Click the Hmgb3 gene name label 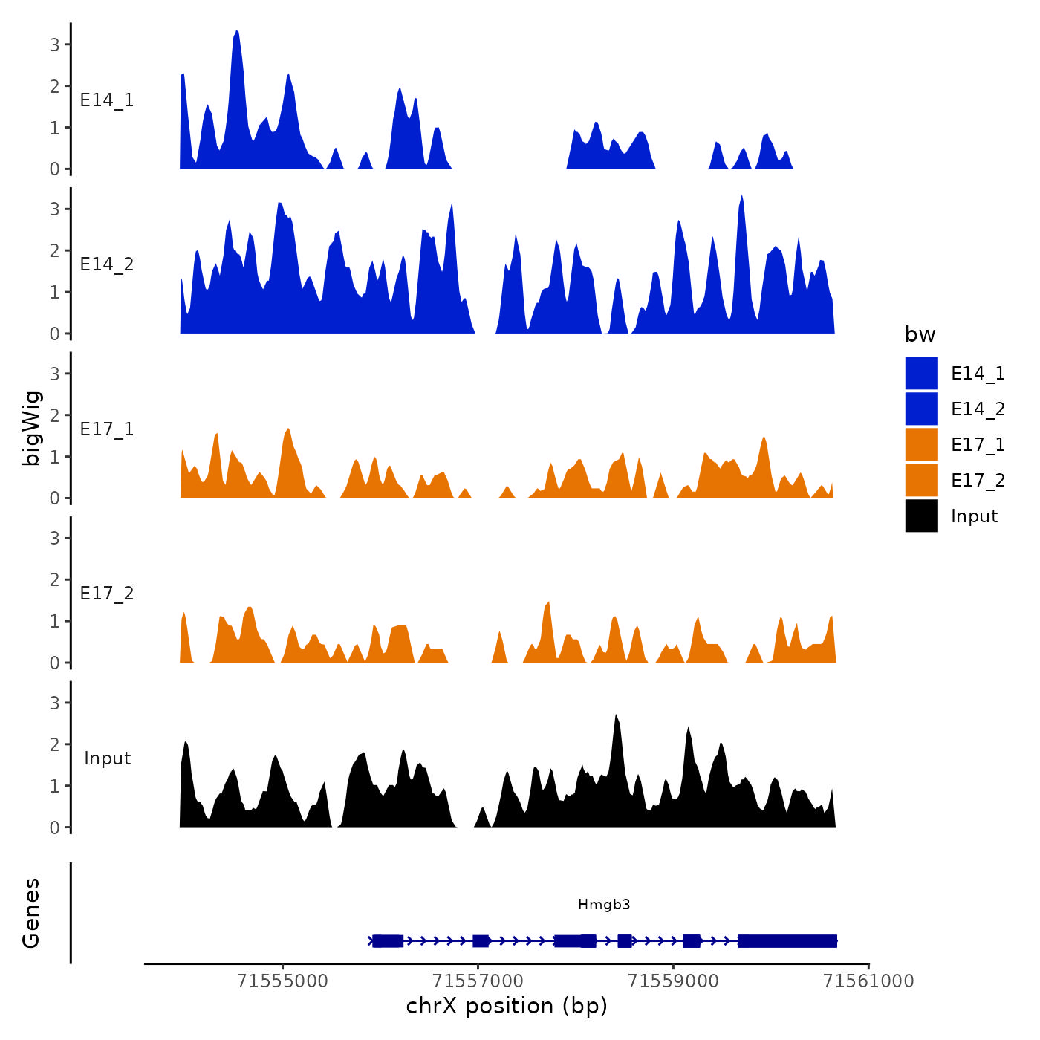point(604,904)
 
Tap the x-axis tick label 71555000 point(282,981)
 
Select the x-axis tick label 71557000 point(478,981)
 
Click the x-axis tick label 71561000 point(868,981)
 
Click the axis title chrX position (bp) point(507,1006)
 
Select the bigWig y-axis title point(31,428)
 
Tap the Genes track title point(31,913)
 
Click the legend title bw point(920,335)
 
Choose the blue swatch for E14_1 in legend point(921,373)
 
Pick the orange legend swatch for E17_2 point(921,480)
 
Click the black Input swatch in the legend point(921,516)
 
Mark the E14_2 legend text point(978,409)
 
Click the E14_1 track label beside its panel point(107,100)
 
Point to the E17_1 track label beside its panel point(107,429)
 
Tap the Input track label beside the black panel point(107,758)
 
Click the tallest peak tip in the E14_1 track point(236,32)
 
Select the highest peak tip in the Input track point(616,716)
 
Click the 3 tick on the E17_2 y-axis point(55,538)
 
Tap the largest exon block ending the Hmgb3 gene point(787,941)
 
